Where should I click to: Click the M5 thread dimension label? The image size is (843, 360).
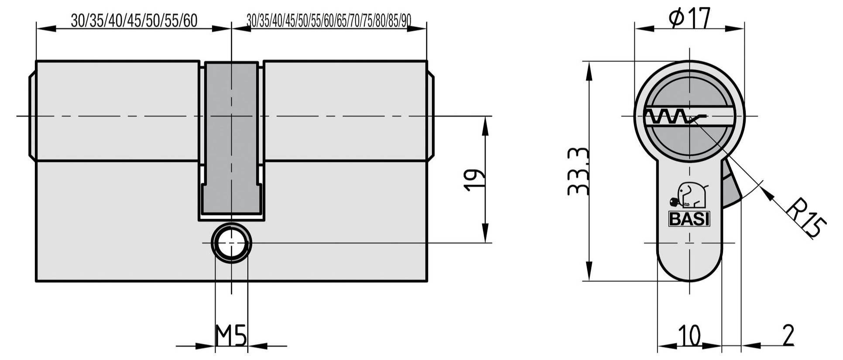click(x=231, y=336)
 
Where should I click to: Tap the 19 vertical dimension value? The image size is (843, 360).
click(x=474, y=180)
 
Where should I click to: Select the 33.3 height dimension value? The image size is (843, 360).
click(x=579, y=171)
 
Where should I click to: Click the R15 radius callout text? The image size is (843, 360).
click(x=806, y=218)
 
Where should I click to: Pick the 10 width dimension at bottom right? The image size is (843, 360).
click(x=689, y=336)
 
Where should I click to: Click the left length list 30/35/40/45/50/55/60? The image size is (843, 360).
click(x=134, y=21)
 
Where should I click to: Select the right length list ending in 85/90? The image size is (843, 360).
click(x=329, y=21)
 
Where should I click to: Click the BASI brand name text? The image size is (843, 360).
click(x=689, y=219)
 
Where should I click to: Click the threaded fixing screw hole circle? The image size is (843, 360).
click(x=231, y=243)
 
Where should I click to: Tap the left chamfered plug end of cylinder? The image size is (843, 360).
click(x=32, y=116)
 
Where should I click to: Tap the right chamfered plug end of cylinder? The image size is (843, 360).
click(x=430, y=116)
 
